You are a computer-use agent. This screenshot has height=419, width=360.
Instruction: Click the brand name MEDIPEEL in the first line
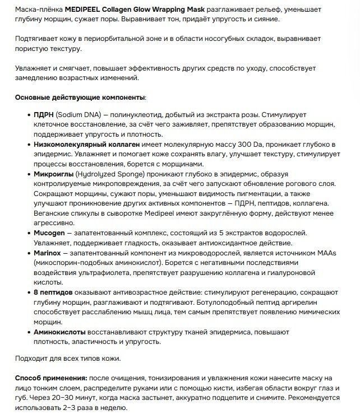[83, 9]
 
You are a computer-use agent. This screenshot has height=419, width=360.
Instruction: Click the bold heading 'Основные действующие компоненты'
[80, 97]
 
